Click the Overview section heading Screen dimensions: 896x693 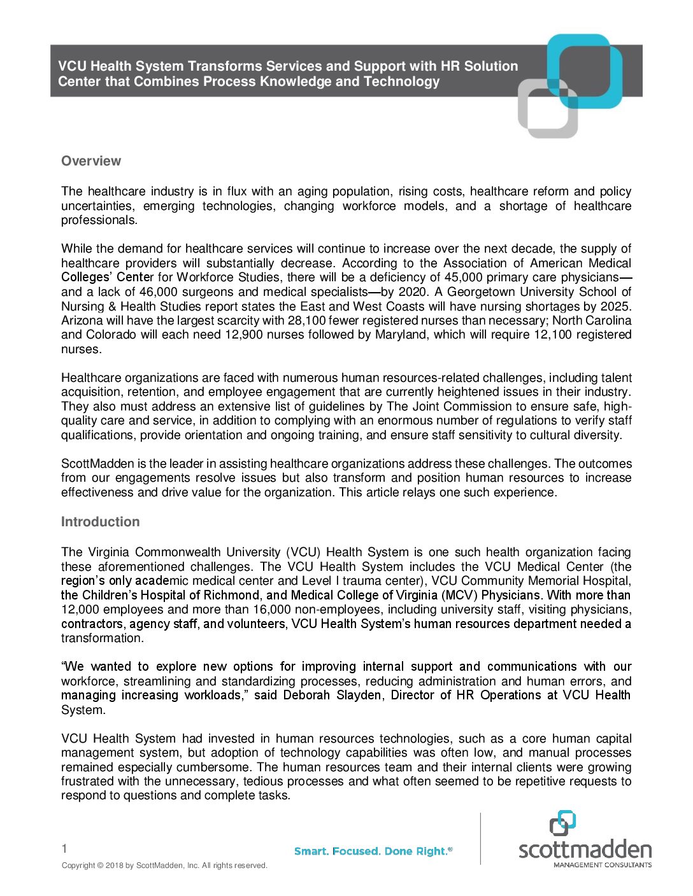(91, 161)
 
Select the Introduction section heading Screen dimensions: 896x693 (100, 522)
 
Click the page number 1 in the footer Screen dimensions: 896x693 (64, 848)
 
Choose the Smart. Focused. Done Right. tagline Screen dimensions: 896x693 (373, 851)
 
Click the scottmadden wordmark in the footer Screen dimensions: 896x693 (585, 850)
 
